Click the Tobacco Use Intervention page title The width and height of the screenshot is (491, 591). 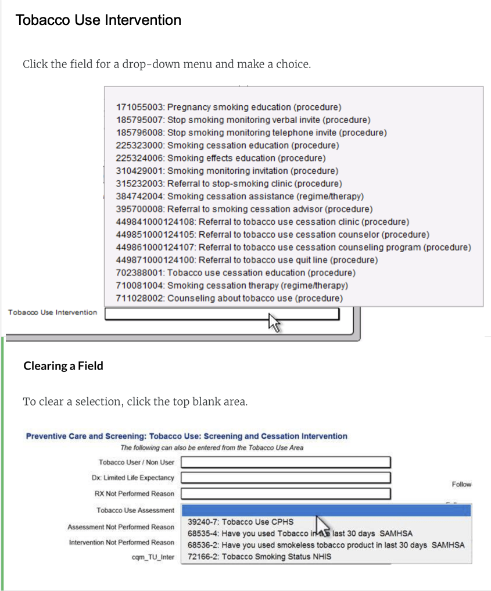pyautogui.click(x=98, y=20)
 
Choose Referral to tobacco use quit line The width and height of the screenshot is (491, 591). pyautogui.click(x=247, y=260)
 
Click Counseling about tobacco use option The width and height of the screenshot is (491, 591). pyautogui.click(x=230, y=298)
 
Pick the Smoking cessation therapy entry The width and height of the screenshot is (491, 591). pyautogui.click(x=232, y=285)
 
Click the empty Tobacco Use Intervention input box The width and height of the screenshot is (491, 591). pyautogui.click(x=222, y=313)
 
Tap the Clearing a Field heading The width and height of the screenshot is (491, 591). pyautogui.click(x=63, y=366)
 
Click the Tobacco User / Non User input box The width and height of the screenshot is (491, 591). pyautogui.click(x=285, y=462)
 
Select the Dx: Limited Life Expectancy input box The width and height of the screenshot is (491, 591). pyautogui.click(x=285, y=478)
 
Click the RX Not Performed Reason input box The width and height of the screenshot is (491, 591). pyautogui.click(x=285, y=493)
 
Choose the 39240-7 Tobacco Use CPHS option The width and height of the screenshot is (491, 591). pyautogui.click(x=241, y=522)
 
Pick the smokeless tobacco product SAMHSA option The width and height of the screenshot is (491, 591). pyautogui.click(x=325, y=545)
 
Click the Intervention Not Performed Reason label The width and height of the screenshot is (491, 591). pyautogui.click(x=121, y=542)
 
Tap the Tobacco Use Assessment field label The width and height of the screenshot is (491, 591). pyautogui.click(x=135, y=510)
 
